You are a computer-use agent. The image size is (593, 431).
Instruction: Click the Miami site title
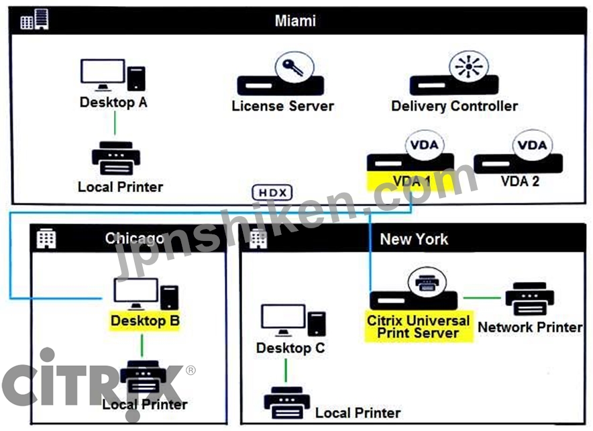[295, 20]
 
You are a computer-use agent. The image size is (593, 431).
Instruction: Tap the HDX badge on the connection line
[272, 193]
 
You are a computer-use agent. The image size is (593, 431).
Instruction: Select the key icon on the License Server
[294, 67]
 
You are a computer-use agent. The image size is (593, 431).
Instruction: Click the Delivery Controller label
[454, 106]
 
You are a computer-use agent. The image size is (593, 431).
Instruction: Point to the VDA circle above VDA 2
[532, 145]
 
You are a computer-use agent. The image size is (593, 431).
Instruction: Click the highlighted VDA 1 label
[411, 181]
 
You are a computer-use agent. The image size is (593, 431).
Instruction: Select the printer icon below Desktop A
[116, 158]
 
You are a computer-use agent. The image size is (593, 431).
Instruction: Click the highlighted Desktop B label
[145, 321]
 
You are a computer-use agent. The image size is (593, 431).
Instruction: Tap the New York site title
[414, 239]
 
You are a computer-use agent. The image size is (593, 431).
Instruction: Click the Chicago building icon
[46, 238]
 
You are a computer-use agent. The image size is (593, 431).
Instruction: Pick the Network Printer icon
[530, 299]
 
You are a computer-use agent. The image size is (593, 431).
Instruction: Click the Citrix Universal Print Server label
[419, 327]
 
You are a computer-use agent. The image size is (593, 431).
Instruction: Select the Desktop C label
[290, 348]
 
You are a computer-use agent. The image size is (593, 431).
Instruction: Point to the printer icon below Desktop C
[287, 403]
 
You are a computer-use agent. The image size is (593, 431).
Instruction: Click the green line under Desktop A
[115, 123]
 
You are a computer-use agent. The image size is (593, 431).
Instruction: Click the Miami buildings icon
[34, 19]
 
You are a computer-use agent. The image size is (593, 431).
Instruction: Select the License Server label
[283, 106]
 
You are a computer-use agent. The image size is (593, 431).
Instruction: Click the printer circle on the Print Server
[427, 282]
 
